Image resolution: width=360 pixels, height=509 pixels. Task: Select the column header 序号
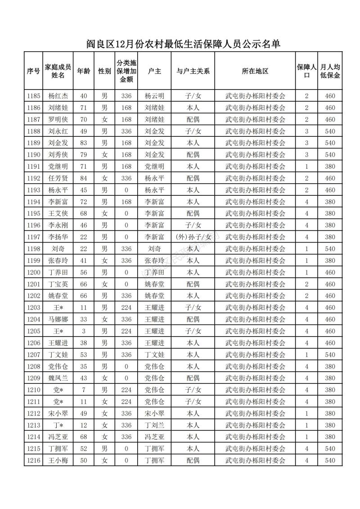click(33, 71)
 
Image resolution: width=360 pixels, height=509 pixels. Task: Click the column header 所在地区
click(255, 71)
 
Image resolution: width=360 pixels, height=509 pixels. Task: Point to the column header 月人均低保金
click(330, 71)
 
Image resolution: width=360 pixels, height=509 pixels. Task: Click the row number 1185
click(33, 96)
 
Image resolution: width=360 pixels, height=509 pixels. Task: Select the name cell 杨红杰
click(58, 96)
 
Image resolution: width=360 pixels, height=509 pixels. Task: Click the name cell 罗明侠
click(58, 120)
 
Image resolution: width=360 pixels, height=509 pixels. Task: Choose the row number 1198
click(33, 249)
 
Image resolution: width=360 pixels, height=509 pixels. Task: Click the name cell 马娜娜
click(58, 320)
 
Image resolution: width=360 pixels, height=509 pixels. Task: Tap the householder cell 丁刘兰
click(154, 425)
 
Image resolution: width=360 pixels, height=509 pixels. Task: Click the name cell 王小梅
click(58, 460)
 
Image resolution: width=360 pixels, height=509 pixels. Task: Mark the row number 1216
click(33, 460)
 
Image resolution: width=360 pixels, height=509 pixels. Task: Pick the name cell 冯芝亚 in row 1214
click(58, 437)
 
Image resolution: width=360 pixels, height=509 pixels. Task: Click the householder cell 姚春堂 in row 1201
click(154, 284)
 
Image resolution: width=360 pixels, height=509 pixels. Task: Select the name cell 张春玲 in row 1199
click(58, 261)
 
